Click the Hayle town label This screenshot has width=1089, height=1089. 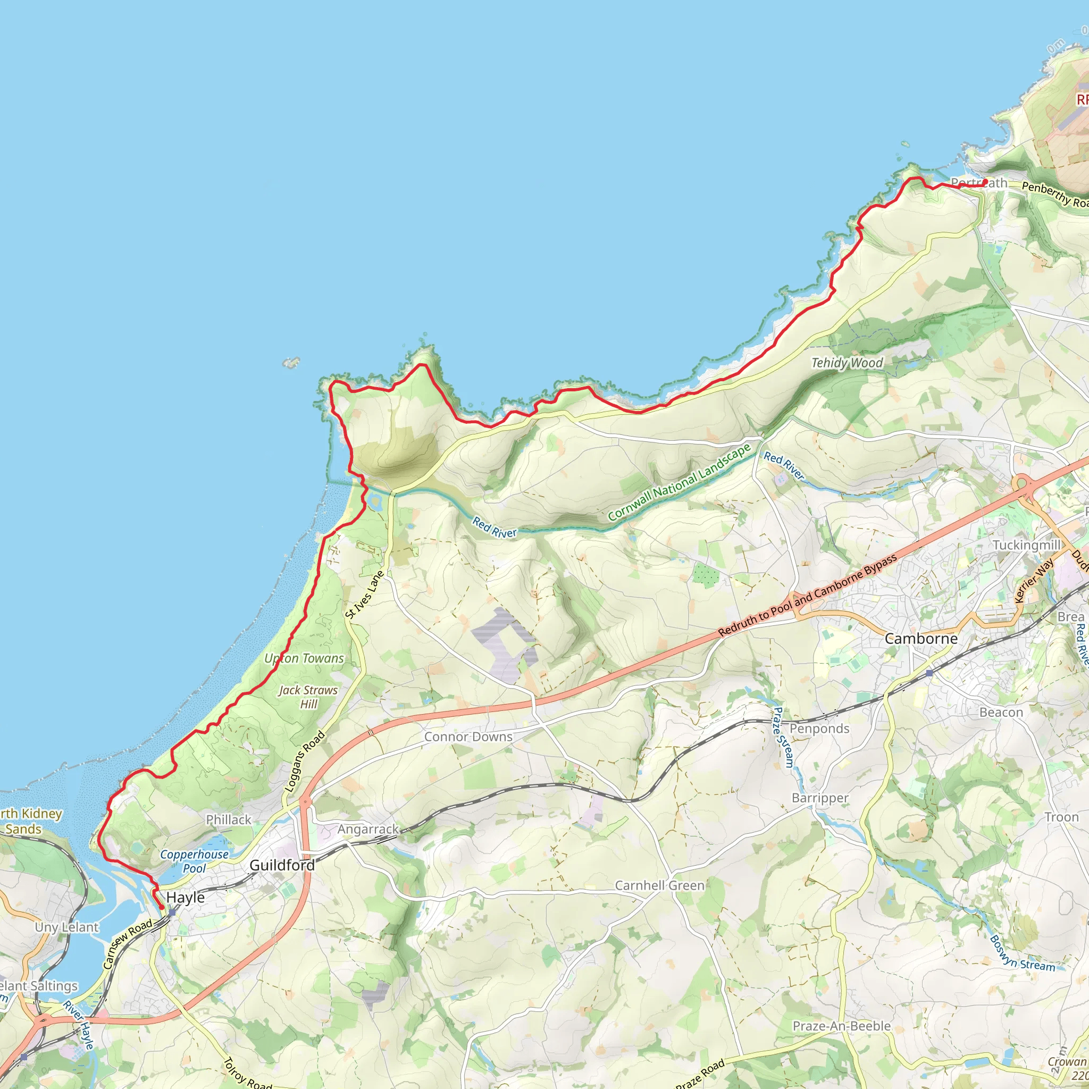(x=186, y=898)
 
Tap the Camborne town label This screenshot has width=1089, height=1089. (x=921, y=639)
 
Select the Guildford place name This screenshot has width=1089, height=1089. (x=282, y=865)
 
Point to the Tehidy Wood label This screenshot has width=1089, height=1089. (x=847, y=363)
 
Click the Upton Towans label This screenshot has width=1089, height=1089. (x=304, y=658)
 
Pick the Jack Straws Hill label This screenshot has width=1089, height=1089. (x=308, y=697)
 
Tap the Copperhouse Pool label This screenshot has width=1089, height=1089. (x=195, y=861)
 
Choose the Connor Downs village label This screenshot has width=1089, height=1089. (x=468, y=736)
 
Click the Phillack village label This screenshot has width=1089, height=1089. (x=228, y=819)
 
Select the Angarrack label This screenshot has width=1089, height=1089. (x=368, y=829)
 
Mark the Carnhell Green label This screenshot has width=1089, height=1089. (x=659, y=885)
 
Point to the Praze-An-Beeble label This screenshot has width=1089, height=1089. (x=842, y=1026)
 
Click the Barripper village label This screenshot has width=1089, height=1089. (x=820, y=798)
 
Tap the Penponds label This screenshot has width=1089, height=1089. (x=819, y=728)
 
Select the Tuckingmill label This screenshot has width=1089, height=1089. (x=1026, y=545)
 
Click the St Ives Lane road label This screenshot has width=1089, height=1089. (x=365, y=594)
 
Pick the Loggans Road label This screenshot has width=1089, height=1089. (x=305, y=761)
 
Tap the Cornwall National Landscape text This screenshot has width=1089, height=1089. (x=679, y=482)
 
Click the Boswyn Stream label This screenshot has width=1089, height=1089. (x=1022, y=954)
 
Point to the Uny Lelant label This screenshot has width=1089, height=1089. (x=66, y=927)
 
